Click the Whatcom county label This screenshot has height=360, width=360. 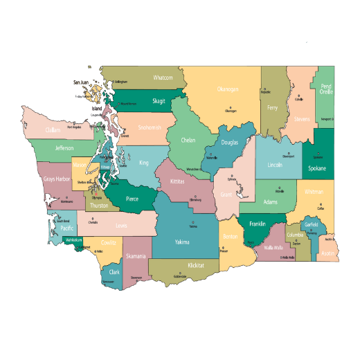point(163,78)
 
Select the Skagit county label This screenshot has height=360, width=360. point(159,101)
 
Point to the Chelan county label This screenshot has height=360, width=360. point(188,140)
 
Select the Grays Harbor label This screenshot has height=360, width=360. point(56,179)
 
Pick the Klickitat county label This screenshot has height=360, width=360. point(196,265)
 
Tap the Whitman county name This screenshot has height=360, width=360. point(314,192)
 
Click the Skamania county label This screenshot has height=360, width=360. point(136,257)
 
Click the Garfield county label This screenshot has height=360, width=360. point(311,225)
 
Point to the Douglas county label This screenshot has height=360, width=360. point(229,143)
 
